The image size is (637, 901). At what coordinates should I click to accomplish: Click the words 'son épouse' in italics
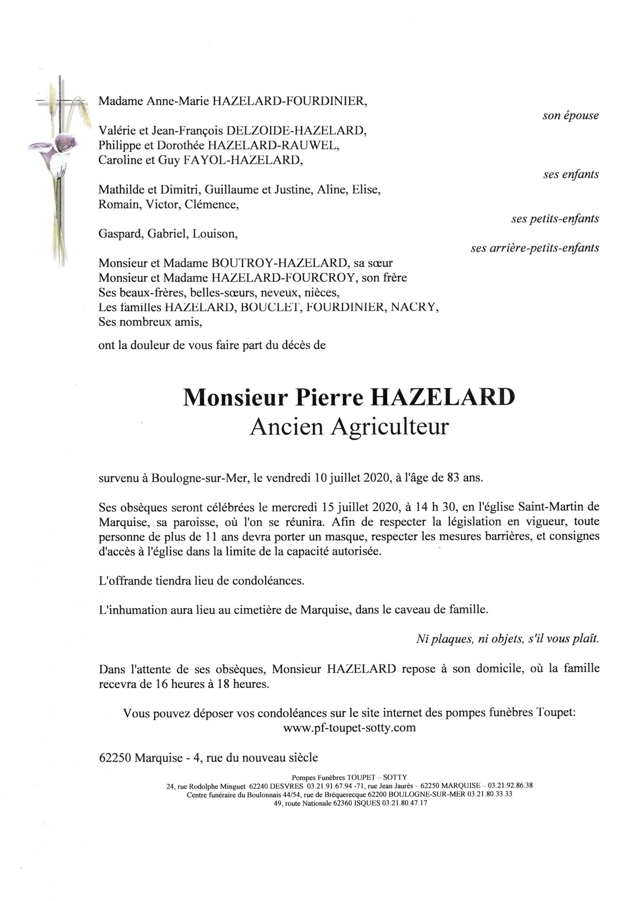pos(570,116)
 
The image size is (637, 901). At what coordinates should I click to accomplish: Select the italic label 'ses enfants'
pos(571,174)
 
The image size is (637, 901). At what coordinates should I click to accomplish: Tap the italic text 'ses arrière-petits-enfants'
pos(535,248)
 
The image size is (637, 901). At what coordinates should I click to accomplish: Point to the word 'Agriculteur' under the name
pos(389,427)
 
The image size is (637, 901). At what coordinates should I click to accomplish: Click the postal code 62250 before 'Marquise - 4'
pos(115,757)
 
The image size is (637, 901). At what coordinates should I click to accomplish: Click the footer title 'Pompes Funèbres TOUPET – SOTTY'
pos(349,777)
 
